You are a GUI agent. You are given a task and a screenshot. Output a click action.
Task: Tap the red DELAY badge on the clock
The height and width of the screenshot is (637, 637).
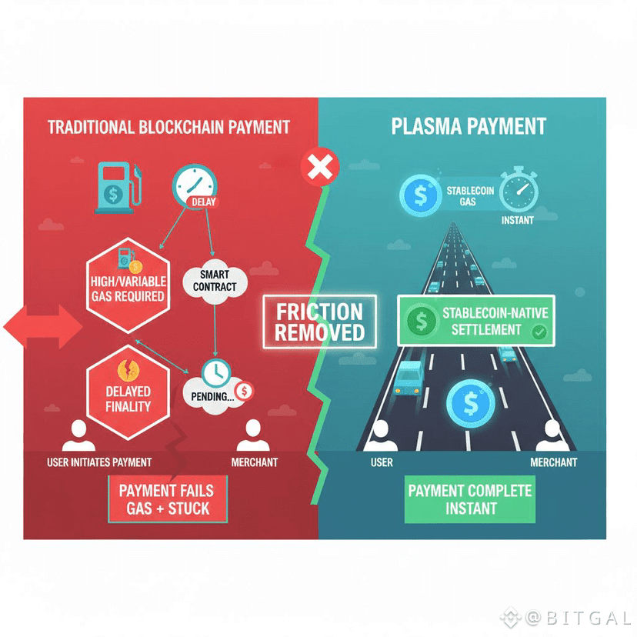tap(203, 202)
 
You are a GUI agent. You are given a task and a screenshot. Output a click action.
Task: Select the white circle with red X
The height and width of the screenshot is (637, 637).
tap(317, 165)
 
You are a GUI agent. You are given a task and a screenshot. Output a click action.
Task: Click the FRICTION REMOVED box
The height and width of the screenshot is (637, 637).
tap(319, 322)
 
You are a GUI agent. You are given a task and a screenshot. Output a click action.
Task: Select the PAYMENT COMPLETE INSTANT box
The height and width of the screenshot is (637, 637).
tap(469, 499)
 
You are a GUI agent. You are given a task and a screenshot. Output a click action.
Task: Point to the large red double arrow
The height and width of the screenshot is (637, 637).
tap(43, 329)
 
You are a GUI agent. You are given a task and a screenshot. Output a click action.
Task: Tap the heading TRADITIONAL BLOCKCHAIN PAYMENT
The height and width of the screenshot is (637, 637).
tap(168, 127)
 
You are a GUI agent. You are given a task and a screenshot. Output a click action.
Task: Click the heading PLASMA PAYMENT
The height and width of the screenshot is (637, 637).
tap(469, 126)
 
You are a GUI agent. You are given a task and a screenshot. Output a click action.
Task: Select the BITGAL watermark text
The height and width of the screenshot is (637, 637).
tap(579, 617)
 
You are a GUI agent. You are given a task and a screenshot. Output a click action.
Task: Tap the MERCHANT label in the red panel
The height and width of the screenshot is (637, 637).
tap(255, 462)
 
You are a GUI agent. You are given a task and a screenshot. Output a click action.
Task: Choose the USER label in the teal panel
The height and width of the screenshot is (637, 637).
tap(382, 462)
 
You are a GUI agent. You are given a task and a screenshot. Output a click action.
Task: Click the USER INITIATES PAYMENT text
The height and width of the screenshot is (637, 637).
tap(99, 462)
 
